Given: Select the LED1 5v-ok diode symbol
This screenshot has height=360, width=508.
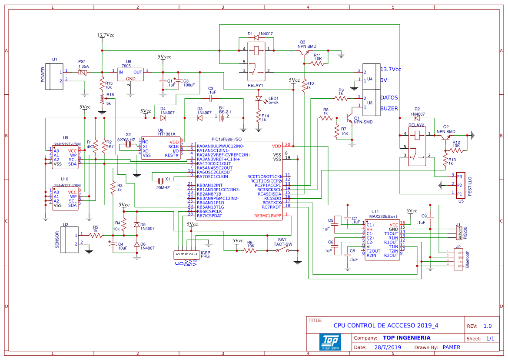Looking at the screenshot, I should (x=259, y=100).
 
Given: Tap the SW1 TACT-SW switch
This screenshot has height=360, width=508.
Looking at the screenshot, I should (x=282, y=250).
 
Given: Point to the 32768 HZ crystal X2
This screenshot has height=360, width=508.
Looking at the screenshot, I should (x=128, y=144).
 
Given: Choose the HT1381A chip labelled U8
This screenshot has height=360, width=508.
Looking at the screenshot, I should (x=160, y=149).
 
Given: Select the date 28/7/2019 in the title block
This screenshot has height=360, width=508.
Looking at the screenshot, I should (x=388, y=347).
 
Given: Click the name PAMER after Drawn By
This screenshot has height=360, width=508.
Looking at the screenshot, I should (x=451, y=347).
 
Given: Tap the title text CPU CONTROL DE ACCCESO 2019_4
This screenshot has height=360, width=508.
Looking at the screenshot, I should (x=385, y=325).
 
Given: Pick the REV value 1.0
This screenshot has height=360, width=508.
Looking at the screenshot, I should (x=487, y=326).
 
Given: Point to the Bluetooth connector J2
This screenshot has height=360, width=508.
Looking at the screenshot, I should (x=458, y=259).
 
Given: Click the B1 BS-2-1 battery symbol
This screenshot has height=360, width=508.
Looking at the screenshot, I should (x=221, y=117).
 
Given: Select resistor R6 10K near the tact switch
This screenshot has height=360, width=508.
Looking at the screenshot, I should (x=251, y=250).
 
